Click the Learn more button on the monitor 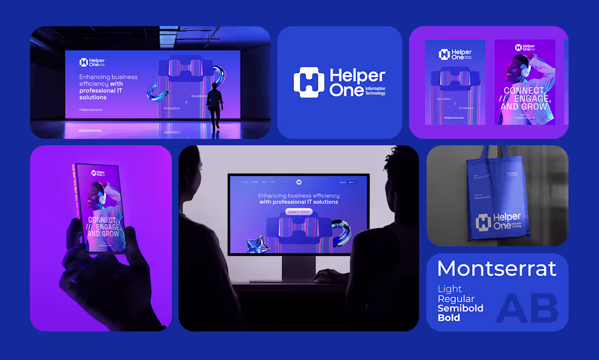[298, 211]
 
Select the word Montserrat [497, 269]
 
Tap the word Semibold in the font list [460, 308]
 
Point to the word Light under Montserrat [450, 289]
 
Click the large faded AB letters [528, 308]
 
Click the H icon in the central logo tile [309, 82]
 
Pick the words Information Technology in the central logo [375, 90]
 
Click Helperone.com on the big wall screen [91, 109]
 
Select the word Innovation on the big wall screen [172, 108]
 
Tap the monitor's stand [298, 267]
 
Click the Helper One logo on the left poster [455, 54]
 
